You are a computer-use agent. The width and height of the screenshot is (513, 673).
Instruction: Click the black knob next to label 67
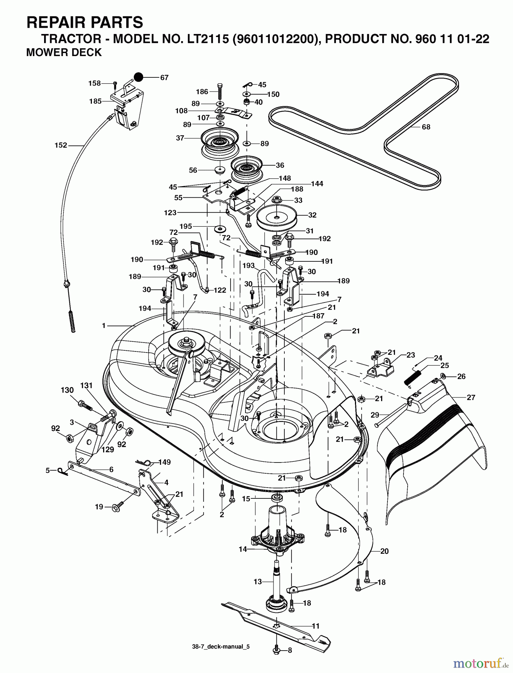click(139, 77)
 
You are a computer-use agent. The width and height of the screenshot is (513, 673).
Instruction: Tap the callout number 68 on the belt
click(426, 127)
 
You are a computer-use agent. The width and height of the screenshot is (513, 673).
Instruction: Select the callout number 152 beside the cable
click(61, 145)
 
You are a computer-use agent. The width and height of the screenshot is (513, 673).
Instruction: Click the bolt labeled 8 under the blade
click(276, 651)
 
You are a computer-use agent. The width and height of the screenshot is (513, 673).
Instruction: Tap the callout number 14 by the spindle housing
click(243, 549)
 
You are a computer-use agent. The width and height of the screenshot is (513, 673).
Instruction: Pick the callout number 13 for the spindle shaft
click(258, 581)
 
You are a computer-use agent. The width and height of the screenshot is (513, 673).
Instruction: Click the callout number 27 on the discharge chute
click(471, 397)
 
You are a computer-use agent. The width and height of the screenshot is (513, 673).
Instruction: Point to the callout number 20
click(384, 551)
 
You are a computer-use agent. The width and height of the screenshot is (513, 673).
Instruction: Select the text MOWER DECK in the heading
click(64, 52)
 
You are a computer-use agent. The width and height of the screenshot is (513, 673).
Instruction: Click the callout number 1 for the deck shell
click(104, 326)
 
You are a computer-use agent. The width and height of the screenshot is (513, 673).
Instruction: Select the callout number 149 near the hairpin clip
click(164, 463)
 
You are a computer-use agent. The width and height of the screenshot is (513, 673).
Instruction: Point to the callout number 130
click(67, 390)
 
